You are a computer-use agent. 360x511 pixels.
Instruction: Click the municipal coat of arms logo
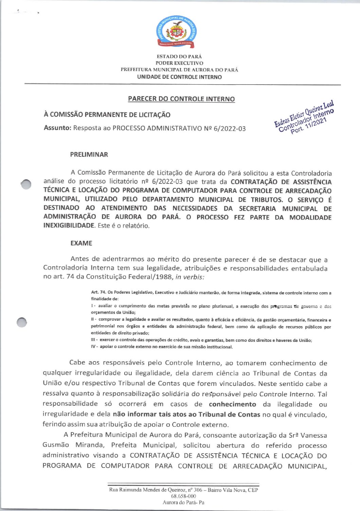176,32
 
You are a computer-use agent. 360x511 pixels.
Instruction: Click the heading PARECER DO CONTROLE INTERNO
181,99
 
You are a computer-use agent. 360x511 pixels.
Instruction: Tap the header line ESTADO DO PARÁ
179,56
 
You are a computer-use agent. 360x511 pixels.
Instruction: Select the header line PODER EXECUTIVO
179,63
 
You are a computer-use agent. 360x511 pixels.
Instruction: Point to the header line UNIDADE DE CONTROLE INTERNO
179,77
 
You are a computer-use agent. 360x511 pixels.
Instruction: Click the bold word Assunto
57,128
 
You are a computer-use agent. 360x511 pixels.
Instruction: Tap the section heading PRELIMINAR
89,155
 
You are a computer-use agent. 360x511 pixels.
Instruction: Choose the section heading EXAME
81,243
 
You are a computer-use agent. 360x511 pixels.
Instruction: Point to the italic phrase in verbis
190,277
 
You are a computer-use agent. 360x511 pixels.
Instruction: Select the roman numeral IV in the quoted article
93,347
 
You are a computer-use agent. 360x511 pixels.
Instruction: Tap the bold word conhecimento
232,404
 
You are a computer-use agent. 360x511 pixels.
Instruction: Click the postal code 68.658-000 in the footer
183,496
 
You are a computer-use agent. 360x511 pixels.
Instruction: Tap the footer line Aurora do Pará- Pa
183,503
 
